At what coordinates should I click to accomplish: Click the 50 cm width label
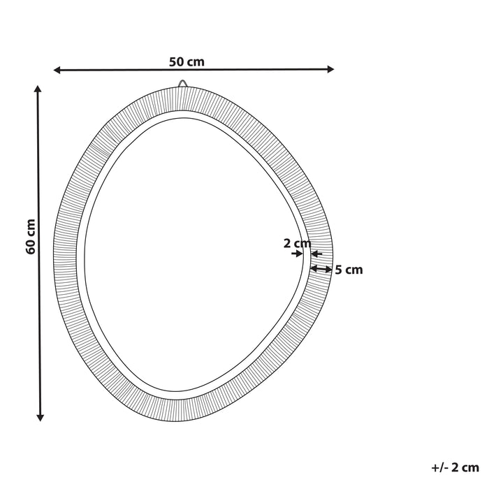point(187,61)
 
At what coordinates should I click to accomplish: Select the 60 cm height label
point(30,237)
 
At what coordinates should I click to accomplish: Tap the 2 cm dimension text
point(297,244)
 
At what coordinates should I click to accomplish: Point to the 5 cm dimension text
point(349,270)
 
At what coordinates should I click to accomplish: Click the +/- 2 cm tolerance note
point(455,467)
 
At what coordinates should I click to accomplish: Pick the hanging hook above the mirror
point(183,84)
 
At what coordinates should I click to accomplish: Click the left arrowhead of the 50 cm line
point(58,70)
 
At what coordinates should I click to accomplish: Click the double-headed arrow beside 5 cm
point(321,268)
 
